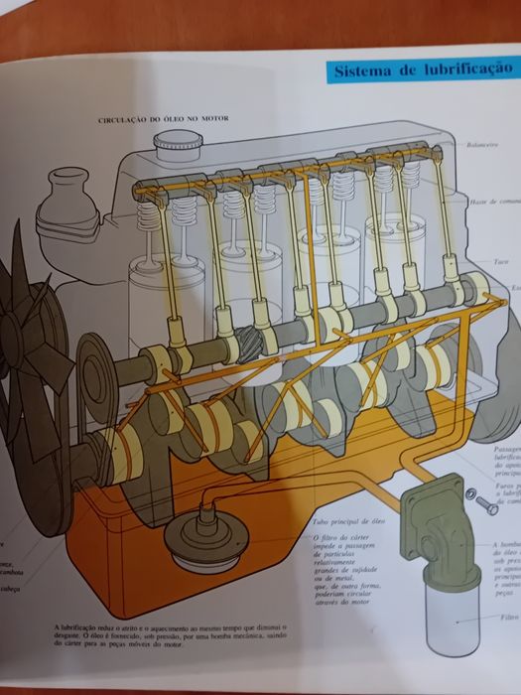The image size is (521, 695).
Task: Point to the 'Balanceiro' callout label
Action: (483, 145)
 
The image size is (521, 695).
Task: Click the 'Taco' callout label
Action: (502, 262)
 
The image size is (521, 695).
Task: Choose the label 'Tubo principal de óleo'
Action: (338, 517)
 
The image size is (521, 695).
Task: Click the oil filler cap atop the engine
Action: (178, 149)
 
